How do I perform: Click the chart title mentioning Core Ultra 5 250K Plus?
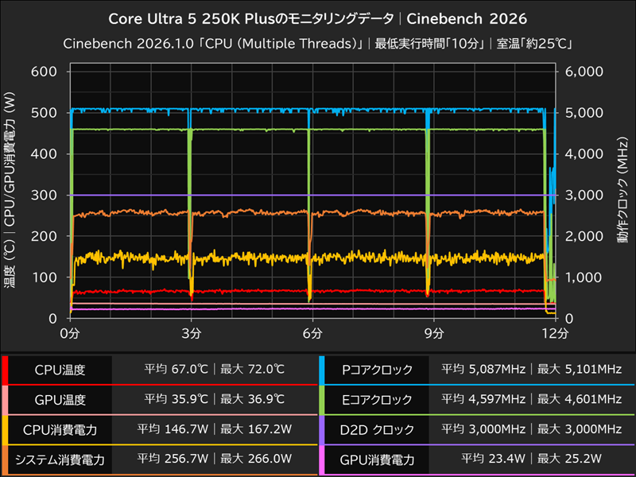(318, 17)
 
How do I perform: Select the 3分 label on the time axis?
(191, 332)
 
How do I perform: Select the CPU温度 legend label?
(60, 370)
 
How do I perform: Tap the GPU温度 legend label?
(60, 399)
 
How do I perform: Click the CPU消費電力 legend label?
(60, 429)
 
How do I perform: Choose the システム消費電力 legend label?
(60, 459)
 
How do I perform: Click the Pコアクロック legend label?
(377, 370)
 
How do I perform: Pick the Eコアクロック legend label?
(377, 399)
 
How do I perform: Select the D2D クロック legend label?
(377, 429)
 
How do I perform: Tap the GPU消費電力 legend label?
(377, 459)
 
